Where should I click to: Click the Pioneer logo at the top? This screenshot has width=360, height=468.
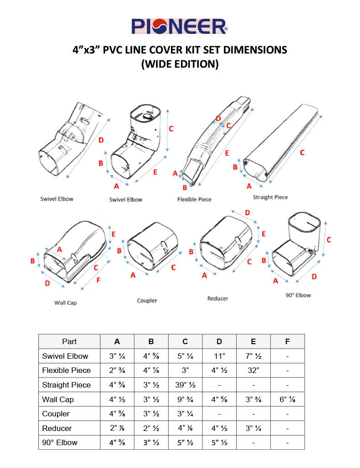(180, 26)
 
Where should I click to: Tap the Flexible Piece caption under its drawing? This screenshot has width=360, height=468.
(194, 199)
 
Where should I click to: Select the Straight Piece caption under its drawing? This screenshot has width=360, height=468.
(270, 197)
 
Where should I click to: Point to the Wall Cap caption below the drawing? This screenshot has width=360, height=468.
(65, 303)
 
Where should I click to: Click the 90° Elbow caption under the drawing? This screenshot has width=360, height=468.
(298, 295)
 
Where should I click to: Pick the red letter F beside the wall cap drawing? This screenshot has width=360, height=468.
(98, 280)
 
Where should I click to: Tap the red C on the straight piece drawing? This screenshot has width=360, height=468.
(302, 153)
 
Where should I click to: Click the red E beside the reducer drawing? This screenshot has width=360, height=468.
(264, 234)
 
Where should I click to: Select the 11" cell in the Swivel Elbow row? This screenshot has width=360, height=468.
(219, 356)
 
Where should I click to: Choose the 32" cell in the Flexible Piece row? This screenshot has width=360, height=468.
(253, 370)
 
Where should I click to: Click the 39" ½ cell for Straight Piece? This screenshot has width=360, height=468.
(185, 385)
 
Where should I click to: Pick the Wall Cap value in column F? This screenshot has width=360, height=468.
(287, 399)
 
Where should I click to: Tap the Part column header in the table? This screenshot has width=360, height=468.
(69, 341)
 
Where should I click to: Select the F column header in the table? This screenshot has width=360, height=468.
(287, 341)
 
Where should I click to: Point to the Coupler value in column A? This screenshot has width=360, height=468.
(117, 414)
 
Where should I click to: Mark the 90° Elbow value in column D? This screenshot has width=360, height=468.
(219, 442)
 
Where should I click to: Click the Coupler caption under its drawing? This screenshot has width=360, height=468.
(147, 300)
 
